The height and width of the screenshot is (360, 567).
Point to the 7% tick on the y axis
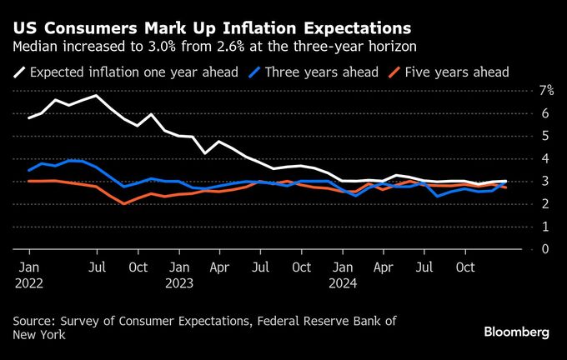point(546,90)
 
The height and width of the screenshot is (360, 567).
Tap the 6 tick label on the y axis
point(546,112)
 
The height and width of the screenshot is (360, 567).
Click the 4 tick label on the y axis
point(546,158)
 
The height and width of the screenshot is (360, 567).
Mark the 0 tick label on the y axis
point(546,249)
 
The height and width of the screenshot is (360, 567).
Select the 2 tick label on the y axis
point(546,203)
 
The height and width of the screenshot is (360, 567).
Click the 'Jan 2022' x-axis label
point(29,275)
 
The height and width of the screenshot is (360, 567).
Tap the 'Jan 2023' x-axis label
point(179,275)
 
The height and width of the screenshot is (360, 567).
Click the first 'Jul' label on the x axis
point(97,267)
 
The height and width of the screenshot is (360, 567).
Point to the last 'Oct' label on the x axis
point(464,267)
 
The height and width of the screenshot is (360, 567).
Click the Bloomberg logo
point(516,332)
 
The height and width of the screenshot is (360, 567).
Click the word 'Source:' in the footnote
point(37,320)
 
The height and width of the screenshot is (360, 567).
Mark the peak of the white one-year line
point(97,95)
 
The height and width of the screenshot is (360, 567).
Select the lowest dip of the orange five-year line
point(124,203)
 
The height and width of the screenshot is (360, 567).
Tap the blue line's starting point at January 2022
point(29,170)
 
